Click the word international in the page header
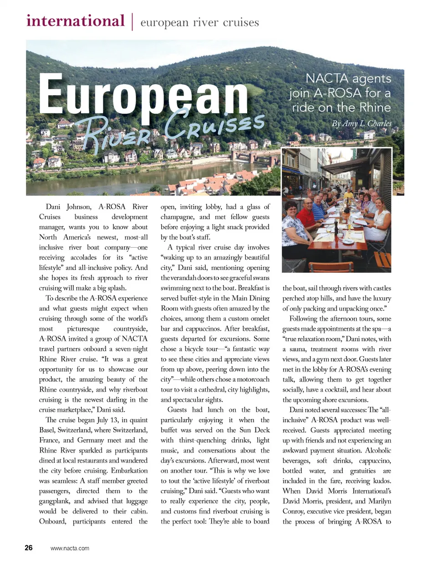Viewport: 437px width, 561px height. pyautogui.click(x=75, y=21)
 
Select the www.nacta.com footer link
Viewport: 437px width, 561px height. pyautogui.click(x=70, y=549)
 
